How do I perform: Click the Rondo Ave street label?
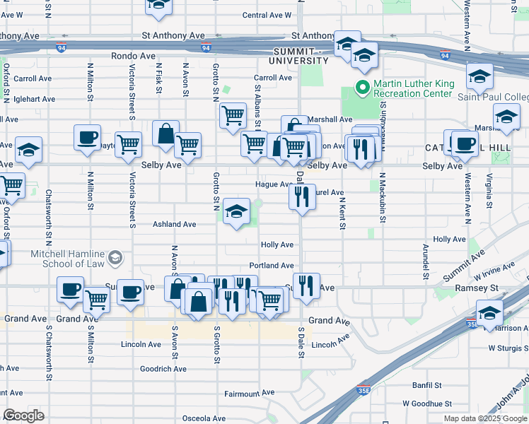pyautogui.click(x=133, y=55)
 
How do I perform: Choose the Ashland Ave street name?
pyautogui.click(x=175, y=224)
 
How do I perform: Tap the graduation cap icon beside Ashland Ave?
pyautogui.click(x=237, y=210)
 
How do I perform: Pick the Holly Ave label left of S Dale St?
pyautogui.click(x=277, y=245)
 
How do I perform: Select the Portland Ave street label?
pyautogui.click(x=272, y=266)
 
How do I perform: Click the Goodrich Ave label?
pyautogui.click(x=163, y=369)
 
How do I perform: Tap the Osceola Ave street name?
pyautogui.click(x=204, y=418)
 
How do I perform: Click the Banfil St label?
pyautogui.click(x=427, y=386)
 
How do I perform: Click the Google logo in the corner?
pyautogui.click(x=23, y=416)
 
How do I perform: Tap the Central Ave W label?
pyautogui.click(x=267, y=15)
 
